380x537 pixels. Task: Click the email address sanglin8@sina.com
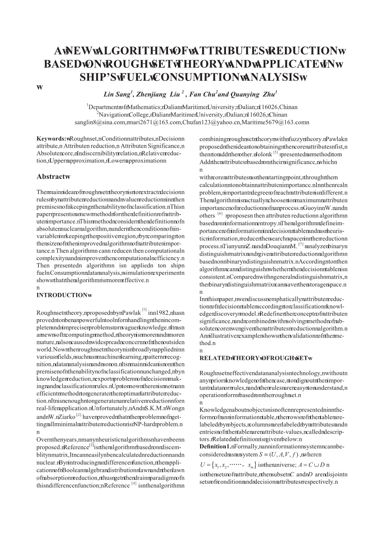pyautogui.click(x=100, y=122)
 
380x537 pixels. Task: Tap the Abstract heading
pyautogui.click(x=52, y=177)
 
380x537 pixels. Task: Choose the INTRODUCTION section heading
pyautogui.click(x=62, y=295)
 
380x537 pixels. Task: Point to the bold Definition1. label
pyautogui.click(x=214, y=446)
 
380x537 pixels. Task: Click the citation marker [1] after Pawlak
pyautogui.click(x=144, y=309)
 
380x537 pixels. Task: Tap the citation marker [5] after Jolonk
pyautogui.click(x=276, y=153)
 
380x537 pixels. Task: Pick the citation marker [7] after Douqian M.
pyautogui.click(x=301, y=244)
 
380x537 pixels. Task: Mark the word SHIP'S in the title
pyautogui.click(x=97, y=77)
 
